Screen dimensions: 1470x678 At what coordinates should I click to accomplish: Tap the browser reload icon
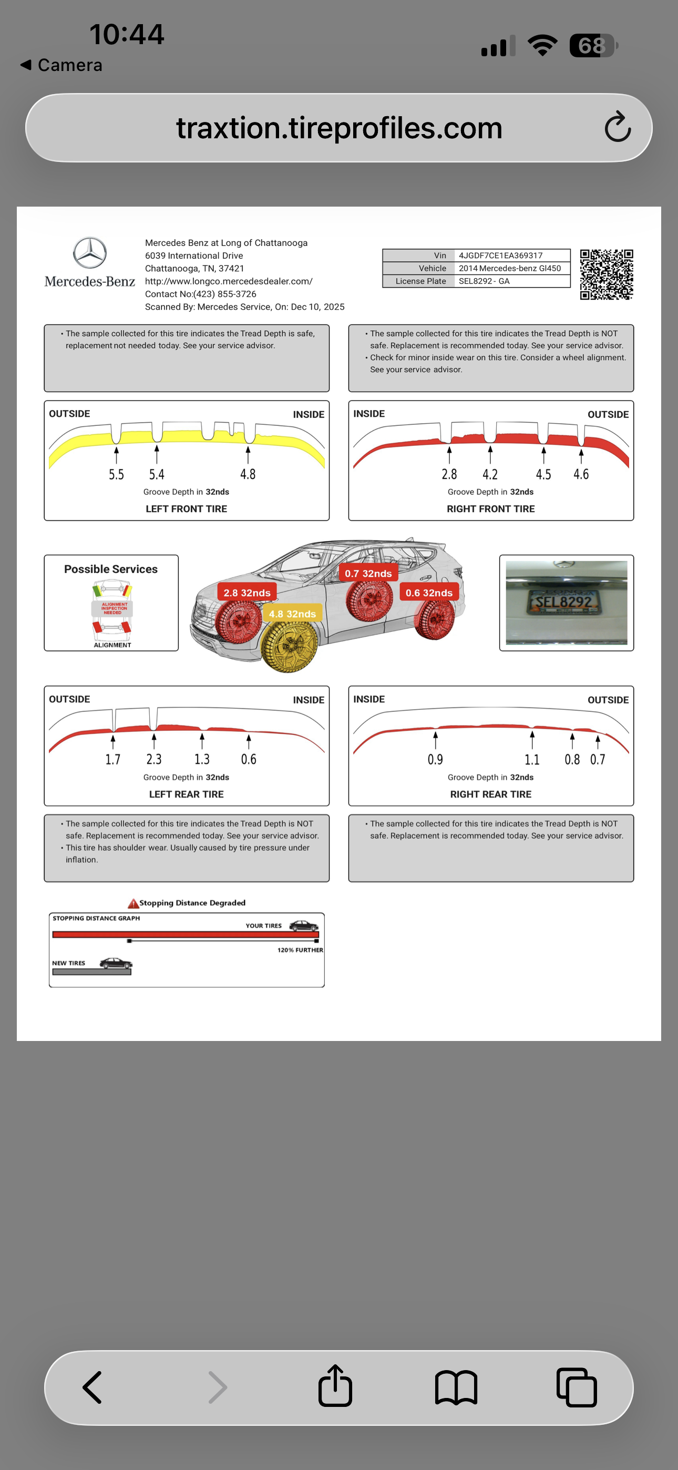[618, 127]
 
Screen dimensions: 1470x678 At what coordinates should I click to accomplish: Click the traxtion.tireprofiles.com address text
[339, 128]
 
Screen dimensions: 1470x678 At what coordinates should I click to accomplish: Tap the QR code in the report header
[606, 274]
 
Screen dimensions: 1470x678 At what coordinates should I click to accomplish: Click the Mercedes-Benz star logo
[89, 253]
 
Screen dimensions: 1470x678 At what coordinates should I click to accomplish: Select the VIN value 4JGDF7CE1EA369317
[500, 256]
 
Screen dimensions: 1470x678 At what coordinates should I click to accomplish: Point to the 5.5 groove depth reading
[117, 474]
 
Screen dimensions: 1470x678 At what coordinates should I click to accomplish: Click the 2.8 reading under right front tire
[449, 474]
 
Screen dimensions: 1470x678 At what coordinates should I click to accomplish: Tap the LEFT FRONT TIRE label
[186, 508]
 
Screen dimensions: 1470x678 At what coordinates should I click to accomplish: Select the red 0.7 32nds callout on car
[368, 574]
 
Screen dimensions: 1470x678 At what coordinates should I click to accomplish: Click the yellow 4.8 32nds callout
[292, 614]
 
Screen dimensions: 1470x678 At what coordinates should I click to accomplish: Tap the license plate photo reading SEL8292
[566, 603]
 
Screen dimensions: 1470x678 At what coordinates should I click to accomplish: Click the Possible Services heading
[111, 569]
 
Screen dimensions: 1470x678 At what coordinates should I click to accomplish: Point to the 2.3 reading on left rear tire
[153, 760]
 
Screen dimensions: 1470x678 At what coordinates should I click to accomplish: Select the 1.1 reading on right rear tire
[532, 760]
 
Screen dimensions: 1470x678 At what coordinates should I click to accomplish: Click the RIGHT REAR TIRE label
[490, 794]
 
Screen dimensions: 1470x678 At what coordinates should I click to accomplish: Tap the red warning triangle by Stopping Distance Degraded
[133, 903]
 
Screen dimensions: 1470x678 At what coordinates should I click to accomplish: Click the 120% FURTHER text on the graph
[300, 950]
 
